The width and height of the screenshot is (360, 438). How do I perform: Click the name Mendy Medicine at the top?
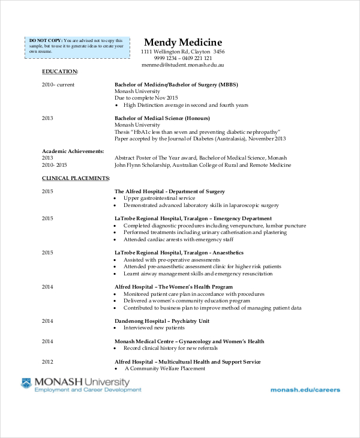(x=183, y=43)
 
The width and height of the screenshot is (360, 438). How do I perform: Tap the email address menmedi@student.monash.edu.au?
(x=183, y=64)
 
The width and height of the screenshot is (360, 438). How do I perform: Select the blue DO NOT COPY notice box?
(x=77, y=46)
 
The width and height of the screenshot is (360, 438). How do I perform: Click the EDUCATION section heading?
(x=60, y=72)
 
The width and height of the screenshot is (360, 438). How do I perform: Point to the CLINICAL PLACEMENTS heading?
(x=76, y=178)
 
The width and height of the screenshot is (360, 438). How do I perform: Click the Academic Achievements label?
(x=73, y=151)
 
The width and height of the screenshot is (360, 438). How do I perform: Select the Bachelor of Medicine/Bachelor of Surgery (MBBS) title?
(x=176, y=85)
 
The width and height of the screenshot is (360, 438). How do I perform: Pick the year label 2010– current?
(x=58, y=85)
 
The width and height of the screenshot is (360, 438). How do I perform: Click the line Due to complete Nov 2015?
(x=146, y=98)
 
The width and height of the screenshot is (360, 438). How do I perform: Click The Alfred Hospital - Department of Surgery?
(x=170, y=191)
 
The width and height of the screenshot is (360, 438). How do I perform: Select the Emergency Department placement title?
(x=193, y=218)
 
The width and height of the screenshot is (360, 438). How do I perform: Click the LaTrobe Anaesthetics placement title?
(x=179, y=253)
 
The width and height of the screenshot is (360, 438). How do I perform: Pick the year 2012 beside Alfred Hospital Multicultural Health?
(x=47, y=362)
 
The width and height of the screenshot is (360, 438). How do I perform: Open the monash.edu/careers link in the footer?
(x=305, y=389)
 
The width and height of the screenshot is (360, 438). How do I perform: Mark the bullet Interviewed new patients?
(x=154, y=328)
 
